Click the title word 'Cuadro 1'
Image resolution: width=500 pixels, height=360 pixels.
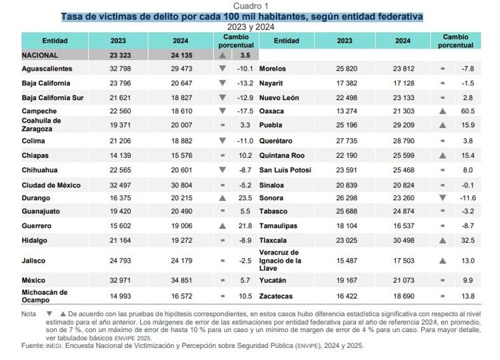pyautogui.click(x=251, y=6)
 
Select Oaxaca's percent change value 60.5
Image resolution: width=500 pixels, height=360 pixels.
pyautogui.click(x=468, y=111)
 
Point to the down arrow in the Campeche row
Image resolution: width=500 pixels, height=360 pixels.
pyautogui.click(x=223, y=111)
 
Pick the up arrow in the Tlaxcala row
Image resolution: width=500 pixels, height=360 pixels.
pyautogui.click(x=442, y=239)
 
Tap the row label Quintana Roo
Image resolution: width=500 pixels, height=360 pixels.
pyautogui.click(x=281, y=155)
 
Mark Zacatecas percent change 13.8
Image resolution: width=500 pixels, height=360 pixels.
pyautogui.click(x=468, y=295)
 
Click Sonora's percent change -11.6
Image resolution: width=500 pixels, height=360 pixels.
pyautogui.click(x=467, y=198)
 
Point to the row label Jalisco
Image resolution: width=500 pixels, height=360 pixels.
pyautogui.click(x=33, y=260)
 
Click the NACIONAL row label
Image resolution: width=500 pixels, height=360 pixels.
pyautogui.click(x=40, y=56)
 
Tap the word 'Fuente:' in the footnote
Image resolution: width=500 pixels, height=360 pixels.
pyautogui.click(x=33, y=345)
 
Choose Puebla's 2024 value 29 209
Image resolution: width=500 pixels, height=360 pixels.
pyautogui.click(x=403, y=124)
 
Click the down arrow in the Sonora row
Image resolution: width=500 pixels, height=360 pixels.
pyautogui.click(x=442, y=198)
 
